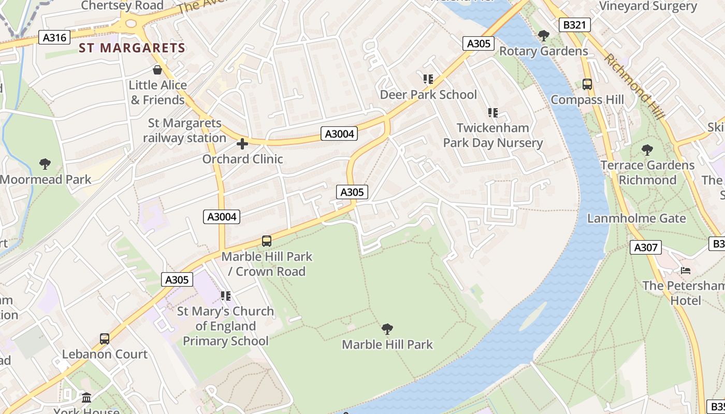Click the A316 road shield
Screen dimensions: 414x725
click(x=54, y=37)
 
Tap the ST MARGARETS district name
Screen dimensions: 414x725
click(x=132, y=48)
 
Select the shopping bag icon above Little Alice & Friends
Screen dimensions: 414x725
click(x=157, y=70)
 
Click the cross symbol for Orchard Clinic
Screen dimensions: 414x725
click(x=242, y=144)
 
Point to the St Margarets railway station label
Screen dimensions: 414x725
click(x=184, y=130)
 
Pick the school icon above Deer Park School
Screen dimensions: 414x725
click(x=428, y=79)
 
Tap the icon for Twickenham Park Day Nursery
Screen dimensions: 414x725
click(x=492, y=112)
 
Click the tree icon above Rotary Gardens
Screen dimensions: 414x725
click(x=543, y=36)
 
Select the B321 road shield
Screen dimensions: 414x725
click(x=575, y=25)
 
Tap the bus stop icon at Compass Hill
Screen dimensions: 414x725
click(x=587, y=84)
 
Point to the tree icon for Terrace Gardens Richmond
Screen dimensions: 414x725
click(x=647, y=150)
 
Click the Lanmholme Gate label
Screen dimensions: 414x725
click(x=636, y=218)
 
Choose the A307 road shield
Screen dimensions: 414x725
click(x=646, y=247)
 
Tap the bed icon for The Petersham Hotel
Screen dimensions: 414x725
click(x=686, y=270)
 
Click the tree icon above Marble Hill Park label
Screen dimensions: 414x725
click(x=387, y=329)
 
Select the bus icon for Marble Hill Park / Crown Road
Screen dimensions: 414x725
click(x=267, y=241)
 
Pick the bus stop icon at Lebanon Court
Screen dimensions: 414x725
click(x=105, y=339)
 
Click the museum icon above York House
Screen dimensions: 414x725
click(x=86, y=397)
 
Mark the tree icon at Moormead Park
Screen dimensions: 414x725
click(x=45, y=165)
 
